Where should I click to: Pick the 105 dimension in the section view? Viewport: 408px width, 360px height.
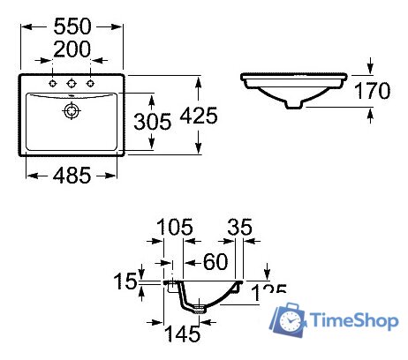pos(173,229)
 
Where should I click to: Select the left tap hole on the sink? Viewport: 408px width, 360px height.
pos(54,84)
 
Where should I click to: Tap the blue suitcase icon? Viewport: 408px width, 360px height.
pos(291,320)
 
